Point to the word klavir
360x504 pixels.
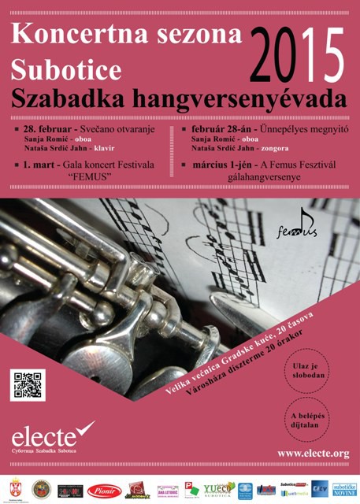106,147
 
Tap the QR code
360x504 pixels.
28,384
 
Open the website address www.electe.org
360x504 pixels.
313,454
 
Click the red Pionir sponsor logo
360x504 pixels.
103,491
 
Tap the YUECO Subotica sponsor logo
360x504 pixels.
219,490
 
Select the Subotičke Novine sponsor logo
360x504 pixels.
344,490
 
